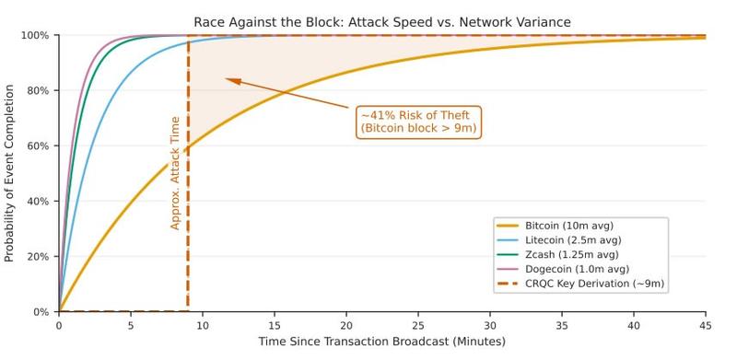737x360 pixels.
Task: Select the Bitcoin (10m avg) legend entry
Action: click(568, 226)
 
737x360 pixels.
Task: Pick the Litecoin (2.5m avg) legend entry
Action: click(571, 239)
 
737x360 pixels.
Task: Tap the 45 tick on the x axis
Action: click(706, 325)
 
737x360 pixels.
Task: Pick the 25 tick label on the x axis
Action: click(418, 325)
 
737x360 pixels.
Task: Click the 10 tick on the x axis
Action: click(203, 325)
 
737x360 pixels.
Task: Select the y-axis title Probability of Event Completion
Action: click(10, 174)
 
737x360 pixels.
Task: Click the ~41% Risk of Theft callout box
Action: click(418, 122)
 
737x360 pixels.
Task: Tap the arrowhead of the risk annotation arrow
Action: click(228, 80)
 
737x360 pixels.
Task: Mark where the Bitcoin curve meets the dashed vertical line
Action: click(188, 147)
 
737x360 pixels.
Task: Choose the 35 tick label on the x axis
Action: click(562, 325)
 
